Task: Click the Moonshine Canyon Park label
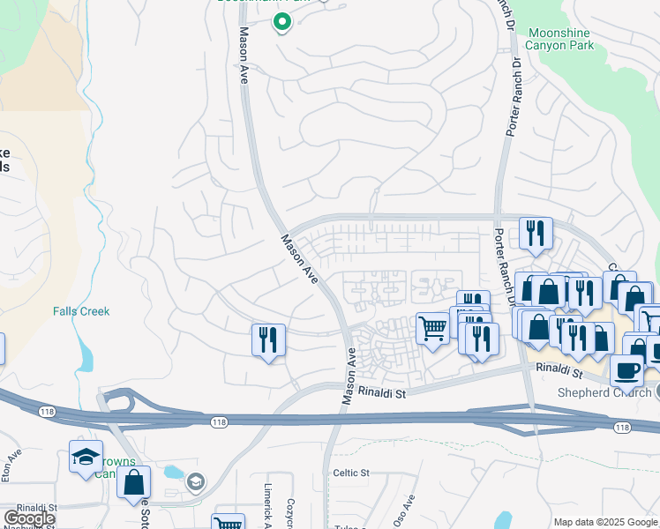571,39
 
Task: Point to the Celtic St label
350,473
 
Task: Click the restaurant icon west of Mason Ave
268,339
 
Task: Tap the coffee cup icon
626,369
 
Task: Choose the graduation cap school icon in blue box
86,457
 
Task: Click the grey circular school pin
195,481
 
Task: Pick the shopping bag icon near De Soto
133,482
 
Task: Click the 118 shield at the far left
46,411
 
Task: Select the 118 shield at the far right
623,427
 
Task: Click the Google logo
30,518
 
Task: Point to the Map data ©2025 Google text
604,522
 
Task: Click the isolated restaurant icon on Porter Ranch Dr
535,234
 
